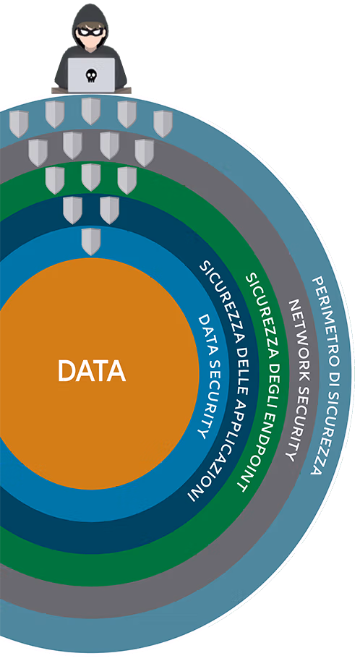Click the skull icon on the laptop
(91, 75)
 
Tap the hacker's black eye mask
(90, 31)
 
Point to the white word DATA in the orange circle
(92, 370)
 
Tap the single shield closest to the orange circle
(91, 241)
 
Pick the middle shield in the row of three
(91, 177)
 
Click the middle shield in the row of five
(91, 111)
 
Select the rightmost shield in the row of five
(163, 124)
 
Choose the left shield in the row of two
(72, 210)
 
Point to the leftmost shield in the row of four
(38, 153)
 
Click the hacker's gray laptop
(91, 75)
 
